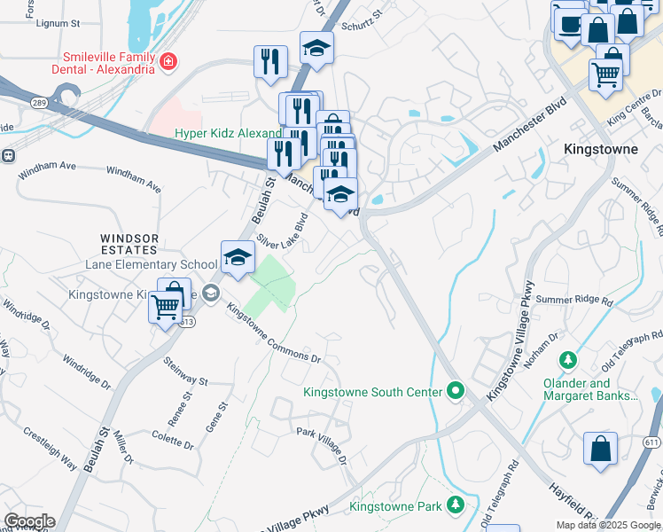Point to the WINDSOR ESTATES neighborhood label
(x=129, y=244)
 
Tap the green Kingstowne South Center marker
(x=456, y=390)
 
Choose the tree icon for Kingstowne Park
(x=456, y=505)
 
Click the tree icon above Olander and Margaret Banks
(x=567, y=361)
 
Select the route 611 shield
(x=651, y=442)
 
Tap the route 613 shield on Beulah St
(x=188, y=323)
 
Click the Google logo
(x=28, y=521)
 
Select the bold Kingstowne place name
(x=600, y=149)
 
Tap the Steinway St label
(x=184, y=372)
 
